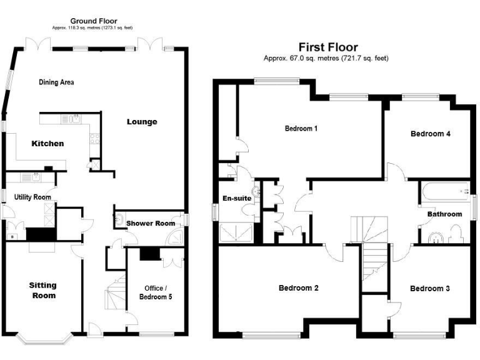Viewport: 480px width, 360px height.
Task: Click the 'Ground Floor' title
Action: (93, 21)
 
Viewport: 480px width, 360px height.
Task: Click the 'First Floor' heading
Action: (327, 47)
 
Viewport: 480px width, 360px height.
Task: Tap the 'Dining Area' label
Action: (57, 82)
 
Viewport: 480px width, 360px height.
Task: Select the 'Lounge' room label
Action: (142, 121)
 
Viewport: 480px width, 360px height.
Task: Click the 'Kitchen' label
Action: (47, 144)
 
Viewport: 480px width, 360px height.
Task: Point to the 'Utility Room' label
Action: (32, 197)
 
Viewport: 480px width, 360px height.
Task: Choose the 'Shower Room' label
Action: (150, 223)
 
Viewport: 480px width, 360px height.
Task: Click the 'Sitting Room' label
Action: (42, 290)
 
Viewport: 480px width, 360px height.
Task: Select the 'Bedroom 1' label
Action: (301, 129)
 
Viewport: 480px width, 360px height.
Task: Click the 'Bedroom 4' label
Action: (430, 134)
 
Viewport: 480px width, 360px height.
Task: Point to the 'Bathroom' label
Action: (444, 214)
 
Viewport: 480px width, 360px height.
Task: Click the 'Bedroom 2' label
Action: (299, 288)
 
